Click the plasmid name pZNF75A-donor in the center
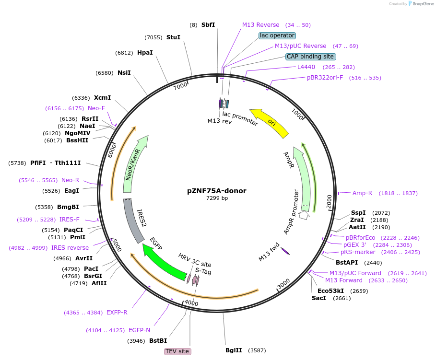(217, 191)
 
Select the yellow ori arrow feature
(269, 122)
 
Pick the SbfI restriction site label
(208, 24)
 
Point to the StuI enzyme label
(173, 37)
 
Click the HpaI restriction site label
(145, 53)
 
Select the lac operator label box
(277, 35)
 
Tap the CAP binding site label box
(310, 57)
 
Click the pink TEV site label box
(177, 351)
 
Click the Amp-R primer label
(362, 193)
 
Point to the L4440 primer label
(306, 67)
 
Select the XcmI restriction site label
(102, 97)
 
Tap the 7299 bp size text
(217, 198)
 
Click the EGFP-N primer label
(139, 330)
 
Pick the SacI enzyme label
(319, 298)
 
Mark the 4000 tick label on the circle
(191, 303)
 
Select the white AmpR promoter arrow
(303, 215)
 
